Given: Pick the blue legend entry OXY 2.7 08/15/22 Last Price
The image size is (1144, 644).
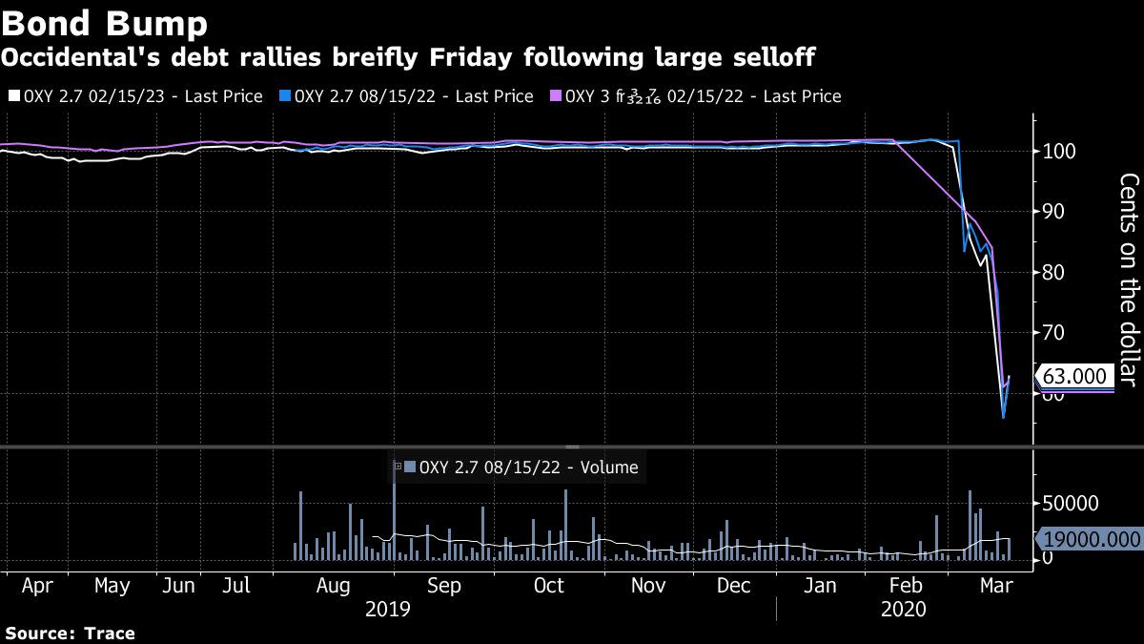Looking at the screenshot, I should click(x=406, y=96).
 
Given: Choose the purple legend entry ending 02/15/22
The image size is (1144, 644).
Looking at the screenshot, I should click(x=696, y=96).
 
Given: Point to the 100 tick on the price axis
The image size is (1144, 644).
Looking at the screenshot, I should click(x=1059, y=152).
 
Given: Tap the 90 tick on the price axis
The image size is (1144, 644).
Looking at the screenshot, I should click(x=1054, y=212).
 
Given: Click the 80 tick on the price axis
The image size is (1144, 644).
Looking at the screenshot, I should click(x=1054, y=273).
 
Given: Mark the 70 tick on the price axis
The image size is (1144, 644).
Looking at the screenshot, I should click(x=1054, y=333).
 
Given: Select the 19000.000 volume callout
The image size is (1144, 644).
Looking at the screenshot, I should click(x=1091, y=539).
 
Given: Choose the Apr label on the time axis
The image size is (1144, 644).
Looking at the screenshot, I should click(x=37, y=585).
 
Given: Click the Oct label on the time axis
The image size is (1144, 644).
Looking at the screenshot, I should click(x=548, y=585).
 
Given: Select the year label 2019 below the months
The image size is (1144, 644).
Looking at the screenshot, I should click(x=388, y=609).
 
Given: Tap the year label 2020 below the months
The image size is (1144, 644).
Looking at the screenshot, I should click(x=907, y=609).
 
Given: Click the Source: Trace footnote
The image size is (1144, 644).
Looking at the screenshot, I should click(x=70, y=633).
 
